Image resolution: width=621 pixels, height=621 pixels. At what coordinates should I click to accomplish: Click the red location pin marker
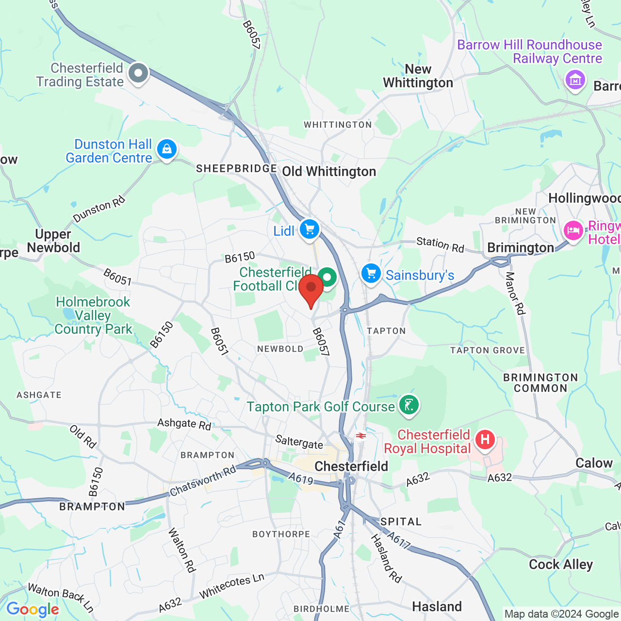coord(311,289)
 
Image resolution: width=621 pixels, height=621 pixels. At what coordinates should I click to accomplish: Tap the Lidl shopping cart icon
coord(310,229)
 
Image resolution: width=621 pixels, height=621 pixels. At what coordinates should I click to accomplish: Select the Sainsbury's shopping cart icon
coord(371,274)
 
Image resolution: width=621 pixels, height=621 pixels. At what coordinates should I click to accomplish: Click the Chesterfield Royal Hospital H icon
coord(485,440)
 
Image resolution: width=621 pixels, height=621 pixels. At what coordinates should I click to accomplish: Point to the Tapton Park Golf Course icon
coord(409,405)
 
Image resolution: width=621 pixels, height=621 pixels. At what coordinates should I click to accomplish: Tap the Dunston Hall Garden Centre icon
coord(167,149)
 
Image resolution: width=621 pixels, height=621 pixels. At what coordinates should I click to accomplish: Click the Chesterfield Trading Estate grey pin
coord(138,74)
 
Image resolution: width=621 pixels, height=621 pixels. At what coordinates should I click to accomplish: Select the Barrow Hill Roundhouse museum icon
coord(575,80)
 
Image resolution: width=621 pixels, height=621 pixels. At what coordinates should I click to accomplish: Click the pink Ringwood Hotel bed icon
coord(573,231)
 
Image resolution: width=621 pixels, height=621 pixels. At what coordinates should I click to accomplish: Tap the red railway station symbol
coord(360,436)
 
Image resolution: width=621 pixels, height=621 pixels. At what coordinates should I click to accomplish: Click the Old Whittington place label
coord(329,172)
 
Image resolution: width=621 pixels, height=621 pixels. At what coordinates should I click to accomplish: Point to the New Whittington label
coord(418,76)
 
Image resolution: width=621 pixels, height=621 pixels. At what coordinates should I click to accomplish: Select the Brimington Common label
coord(540,383)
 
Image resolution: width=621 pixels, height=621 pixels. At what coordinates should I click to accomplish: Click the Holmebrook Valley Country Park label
coord(93,315)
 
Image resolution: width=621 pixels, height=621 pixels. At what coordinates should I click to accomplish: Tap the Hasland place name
coord(437,606)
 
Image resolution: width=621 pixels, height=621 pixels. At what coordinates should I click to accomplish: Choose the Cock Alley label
coord(561,564)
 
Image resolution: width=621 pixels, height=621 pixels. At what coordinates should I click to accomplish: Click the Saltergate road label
coord(299,442)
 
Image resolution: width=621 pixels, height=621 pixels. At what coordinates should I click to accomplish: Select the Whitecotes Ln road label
coord(231,586)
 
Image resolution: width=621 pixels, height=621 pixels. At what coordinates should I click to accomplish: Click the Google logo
coord(33,609)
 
